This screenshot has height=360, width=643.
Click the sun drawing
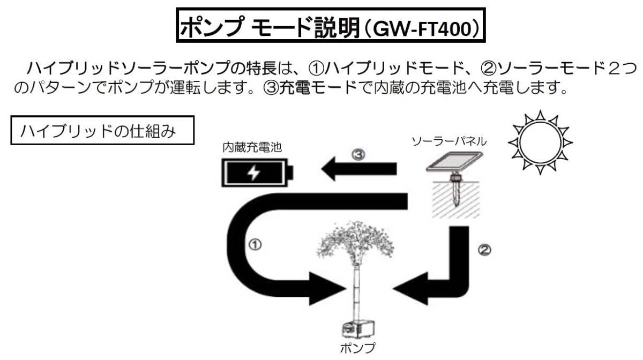coord(540,142)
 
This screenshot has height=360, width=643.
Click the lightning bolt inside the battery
coord(252,172)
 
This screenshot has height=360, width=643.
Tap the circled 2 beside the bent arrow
coord(484,249)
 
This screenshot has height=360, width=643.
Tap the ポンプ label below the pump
coord(358,347)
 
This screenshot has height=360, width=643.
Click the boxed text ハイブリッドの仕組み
coord(101,131)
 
